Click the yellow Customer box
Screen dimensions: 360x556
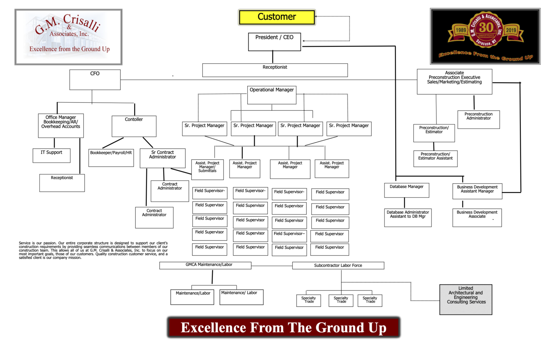pyautogui.click(x=277, y=17)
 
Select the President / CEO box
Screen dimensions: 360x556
pyautogui.click(x=274, y=42)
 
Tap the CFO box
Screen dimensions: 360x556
pyautogui.click(x=95, y=79)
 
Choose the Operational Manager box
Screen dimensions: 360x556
pyautogui.click(x=272, y=95)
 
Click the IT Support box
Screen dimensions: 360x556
pyautogui.click(x=51, y=155)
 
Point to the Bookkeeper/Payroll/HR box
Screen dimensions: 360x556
pyautogui.click(x=111, y=158)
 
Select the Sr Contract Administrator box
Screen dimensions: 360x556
pyautogui.click(x=163, y=158)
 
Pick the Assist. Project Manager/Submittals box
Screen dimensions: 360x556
pyautogui.click(x=207, y=169)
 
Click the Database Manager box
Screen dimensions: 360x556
pyautogui.click(x=407, y=190)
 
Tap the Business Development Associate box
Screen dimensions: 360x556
pyautogui.click(x=477, y=217)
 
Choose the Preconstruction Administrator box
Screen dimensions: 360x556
pyautogui.click(x=479, y=120)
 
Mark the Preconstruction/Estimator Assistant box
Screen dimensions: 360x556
pyautogui.click(x=435, y=159)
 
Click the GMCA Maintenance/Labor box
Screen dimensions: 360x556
pyautogui.click(x=205, y=265)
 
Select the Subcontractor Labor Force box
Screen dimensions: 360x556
pyautogui.click(x=338, y=265)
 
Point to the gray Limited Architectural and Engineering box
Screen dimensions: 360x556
pyautogui.click(x=466, y=299)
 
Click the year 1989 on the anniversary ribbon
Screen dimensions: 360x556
pyautogui.click(x=461, y=30)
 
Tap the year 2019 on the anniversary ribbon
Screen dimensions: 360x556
pyautogui.click(x=511, y=30)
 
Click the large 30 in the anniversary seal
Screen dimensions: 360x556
pyautogui.click(x=486, y=28)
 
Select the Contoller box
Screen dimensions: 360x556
pyautogui.click(x=134, y=126)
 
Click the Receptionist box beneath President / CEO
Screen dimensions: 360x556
pyautogui.click(x=275, y=70)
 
